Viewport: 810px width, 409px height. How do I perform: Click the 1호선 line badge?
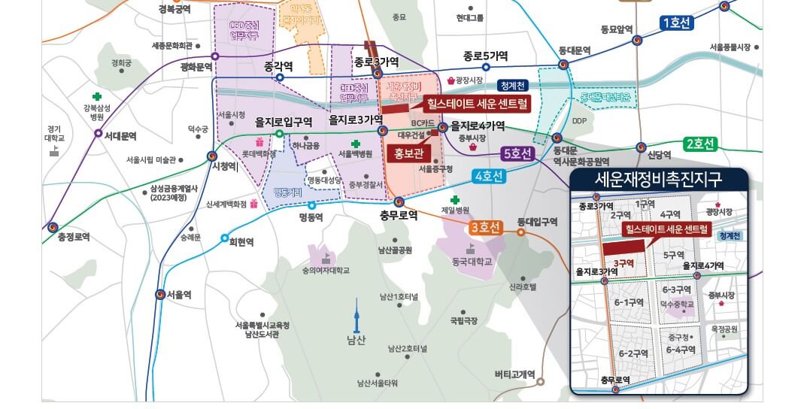pyautogui.click(x=676, y=23)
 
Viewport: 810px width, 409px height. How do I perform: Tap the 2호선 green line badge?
pyautogui.click(x=700, y=144)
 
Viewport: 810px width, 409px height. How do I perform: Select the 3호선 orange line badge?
pyautogui.click(x=485, y=229)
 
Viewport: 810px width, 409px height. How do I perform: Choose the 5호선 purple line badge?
pyautogui.click(x=518, y=154)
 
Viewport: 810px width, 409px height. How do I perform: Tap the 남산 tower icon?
pyautogui.click(x=357, y=314)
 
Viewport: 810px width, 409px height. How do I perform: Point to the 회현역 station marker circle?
pyautogui.click(x=225, y=238)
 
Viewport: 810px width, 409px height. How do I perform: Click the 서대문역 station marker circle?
pyautogui.click(x=99, y=133)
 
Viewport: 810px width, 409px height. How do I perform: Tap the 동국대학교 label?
pyautogui.click(x=472, y=262)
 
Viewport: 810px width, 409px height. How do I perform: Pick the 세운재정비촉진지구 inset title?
pyautogui.click(x=659, y=180)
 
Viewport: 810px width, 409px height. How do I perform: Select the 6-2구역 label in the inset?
pyautogui.click(x=633, y=353)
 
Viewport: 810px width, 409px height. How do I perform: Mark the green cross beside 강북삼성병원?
pyautogui.click(x=96, y=96)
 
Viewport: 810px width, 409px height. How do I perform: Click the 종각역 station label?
pyautogui.click(x=278, y=66)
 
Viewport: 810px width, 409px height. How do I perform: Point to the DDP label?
pyautogui.click(x=579, y=120)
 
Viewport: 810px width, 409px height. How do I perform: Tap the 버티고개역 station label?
pyautogui.click(x=514, y=374)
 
